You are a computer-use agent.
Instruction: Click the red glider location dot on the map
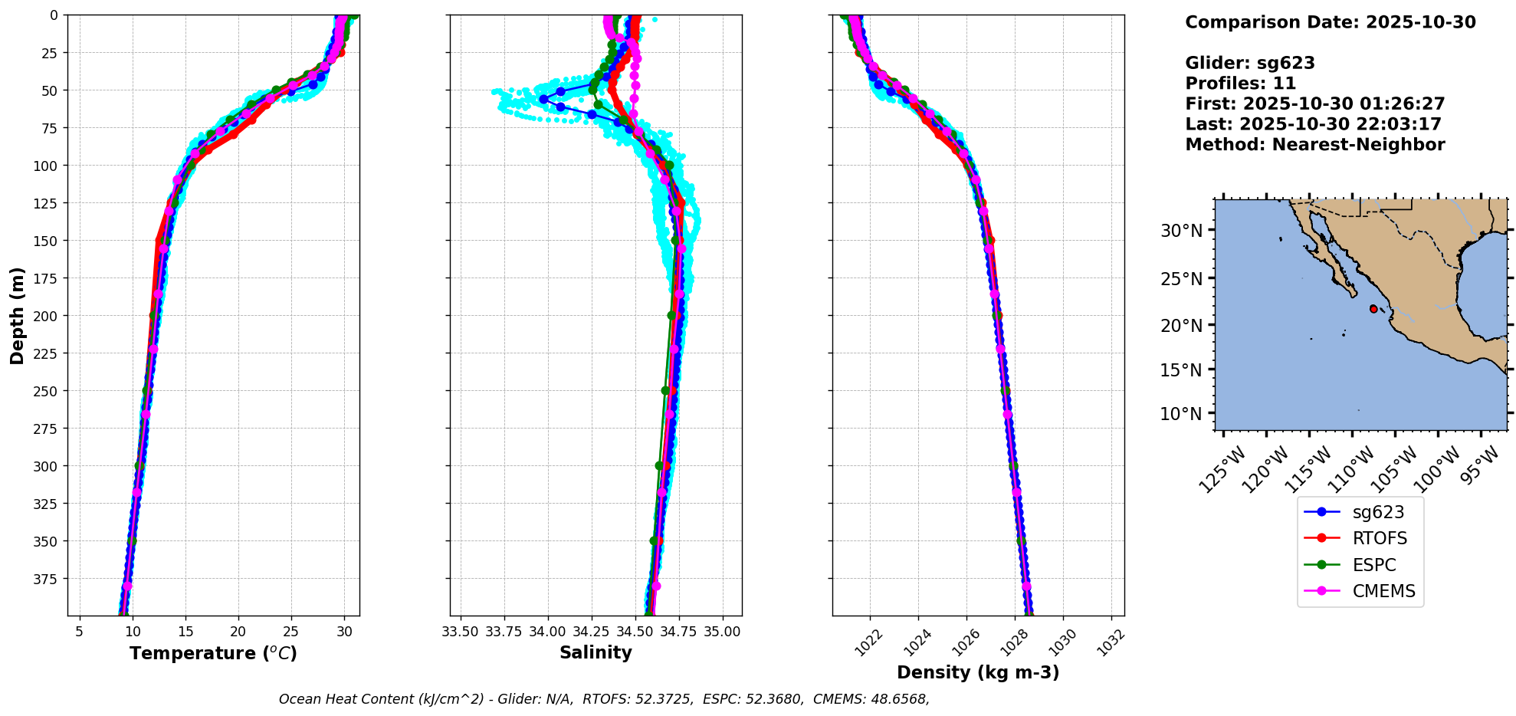pos(1373,309)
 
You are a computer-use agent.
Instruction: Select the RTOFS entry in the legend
pos(1379,539)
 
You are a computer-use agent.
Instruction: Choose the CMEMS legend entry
pos(1383,592)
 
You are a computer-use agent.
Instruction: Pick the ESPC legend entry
pos(1373,566)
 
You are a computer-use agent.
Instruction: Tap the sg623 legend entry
pos(1378,513)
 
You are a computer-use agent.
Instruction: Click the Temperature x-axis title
pos(213,654)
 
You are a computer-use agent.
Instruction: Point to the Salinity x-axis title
pos(596,653)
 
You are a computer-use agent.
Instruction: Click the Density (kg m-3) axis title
pos(978,673)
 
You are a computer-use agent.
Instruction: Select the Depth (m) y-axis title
pos(18,315)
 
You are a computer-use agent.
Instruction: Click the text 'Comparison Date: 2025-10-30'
pos(1330,22)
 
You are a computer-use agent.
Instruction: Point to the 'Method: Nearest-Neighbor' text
pos(1314,145)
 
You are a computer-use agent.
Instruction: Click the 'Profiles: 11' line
pos(1240,84)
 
